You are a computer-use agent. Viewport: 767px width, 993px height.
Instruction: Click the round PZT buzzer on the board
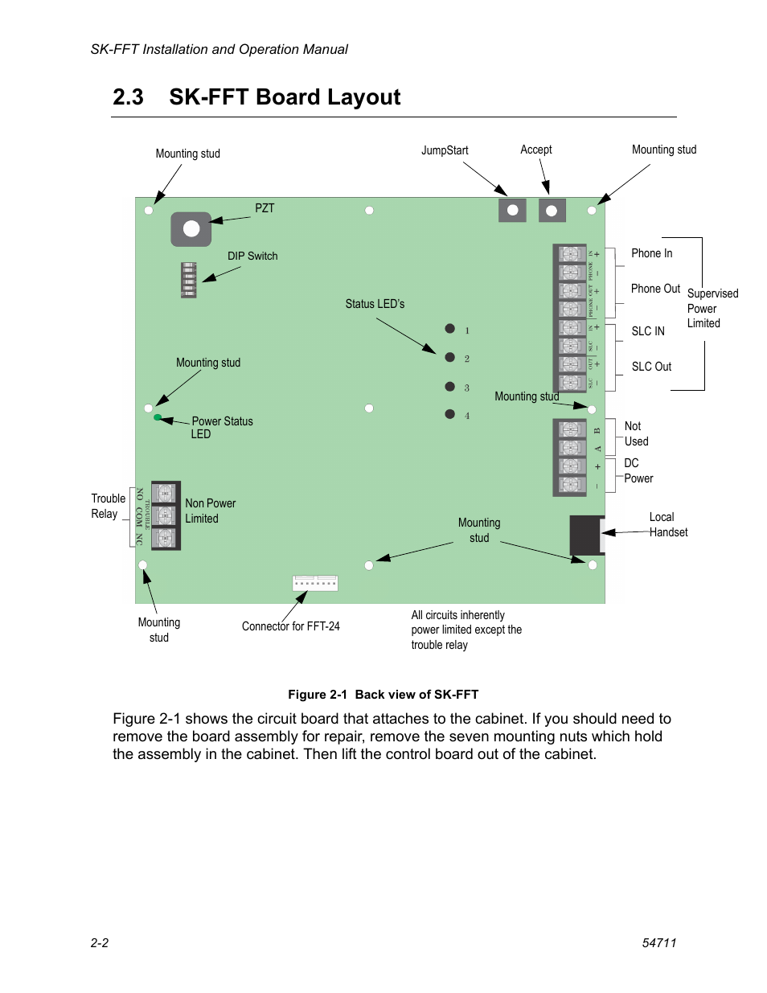pyautogui.click(x=191, y=229)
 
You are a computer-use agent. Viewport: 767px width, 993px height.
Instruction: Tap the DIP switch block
pyautogui.click(x=189, y=280)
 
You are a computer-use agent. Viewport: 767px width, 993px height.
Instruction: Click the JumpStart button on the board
pyautogui.click(x=512, y=211)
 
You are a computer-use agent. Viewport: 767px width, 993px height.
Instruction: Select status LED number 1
pyautogui.click(x=450, y=328)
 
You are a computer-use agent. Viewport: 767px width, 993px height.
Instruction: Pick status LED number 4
pyautogui.click(x=450, y=414)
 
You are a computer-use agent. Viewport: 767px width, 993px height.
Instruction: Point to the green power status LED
pyautogui.click(x=158, y=417)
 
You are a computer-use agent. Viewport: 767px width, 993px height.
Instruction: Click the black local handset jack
pyautogui.click(x=586, y=534)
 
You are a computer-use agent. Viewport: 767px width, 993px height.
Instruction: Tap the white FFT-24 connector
pyautogui.click(x=315, y=583)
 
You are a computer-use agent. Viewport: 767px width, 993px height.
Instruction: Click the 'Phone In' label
pyautogui.click(x=651, y=253)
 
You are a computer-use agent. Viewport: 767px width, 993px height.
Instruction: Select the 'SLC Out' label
pyautogui.click(x=651, y=367)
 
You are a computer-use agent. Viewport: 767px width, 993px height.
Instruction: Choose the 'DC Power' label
pyautogui.click(x=638, y=470)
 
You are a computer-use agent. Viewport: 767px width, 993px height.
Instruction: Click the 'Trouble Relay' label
pyautogui.click(x=108, y=506)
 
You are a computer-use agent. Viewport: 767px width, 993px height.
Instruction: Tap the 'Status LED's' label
pyautogui.click(x=375, y=304)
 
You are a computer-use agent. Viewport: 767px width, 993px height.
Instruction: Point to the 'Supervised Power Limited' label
pyautogui.click(x=712, y=308)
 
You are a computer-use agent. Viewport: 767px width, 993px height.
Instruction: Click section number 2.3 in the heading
pyautogui.click(x=129, y=97)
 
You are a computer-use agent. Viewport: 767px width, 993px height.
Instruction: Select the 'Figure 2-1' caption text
pyautogui.click(x=383, y=695)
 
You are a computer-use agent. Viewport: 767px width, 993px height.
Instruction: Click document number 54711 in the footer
pyautogui.click(x=658, y=943)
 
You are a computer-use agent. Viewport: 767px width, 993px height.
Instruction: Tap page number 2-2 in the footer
pyautogui.click(x=100, y=943)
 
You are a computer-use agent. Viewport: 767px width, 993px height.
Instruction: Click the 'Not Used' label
pyautogui.click(x=636, y=433)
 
